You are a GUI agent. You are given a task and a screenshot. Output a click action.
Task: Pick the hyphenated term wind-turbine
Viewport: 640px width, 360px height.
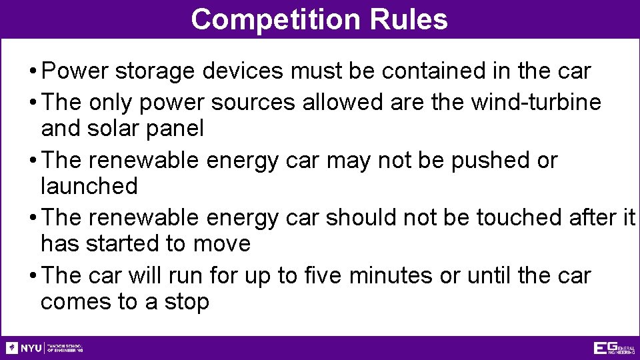pyautogui.click(x=536, y=102)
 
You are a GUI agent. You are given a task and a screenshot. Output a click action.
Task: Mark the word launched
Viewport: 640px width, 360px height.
pyautogui.click(x=89, y=186)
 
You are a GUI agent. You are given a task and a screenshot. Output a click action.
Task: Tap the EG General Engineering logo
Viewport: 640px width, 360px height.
pyautogui.click(x=613, y=347)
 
